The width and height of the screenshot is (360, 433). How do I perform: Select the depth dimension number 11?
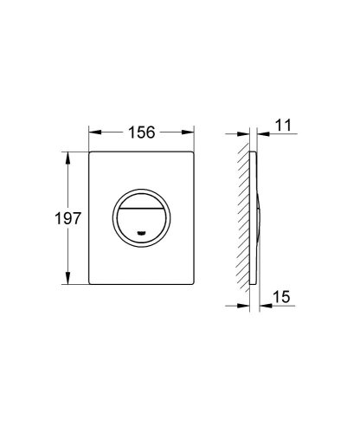point(282,126)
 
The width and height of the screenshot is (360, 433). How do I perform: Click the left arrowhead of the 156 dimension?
point(93,132)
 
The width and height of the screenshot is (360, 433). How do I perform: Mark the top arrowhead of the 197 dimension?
point(68,157)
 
